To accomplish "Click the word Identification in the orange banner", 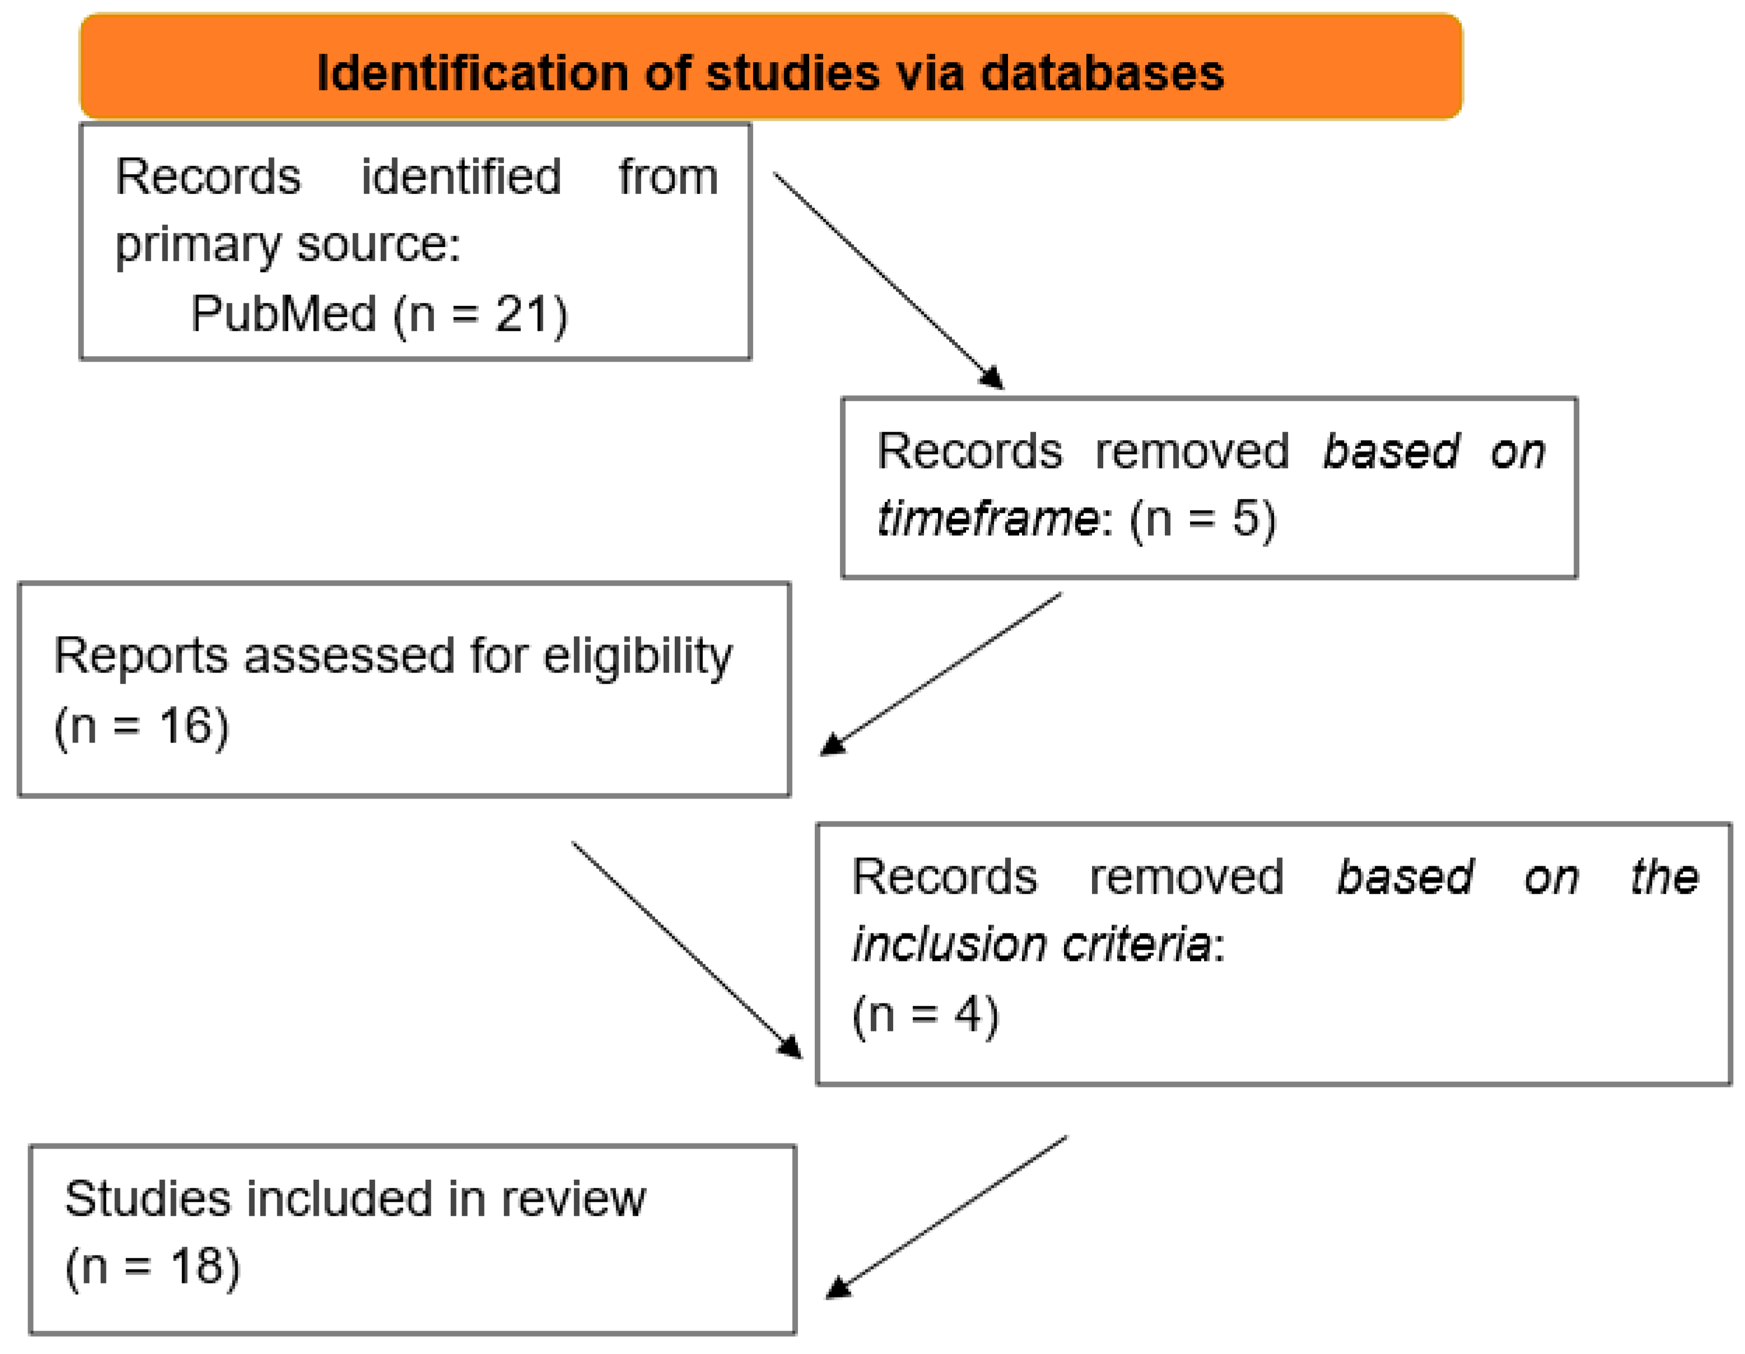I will click(x=472, y=73).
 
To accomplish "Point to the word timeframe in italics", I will click(x=989, y=519).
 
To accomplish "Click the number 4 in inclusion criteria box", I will click(x=968, y=1015).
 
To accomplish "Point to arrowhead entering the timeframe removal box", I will click(x=993, y=378).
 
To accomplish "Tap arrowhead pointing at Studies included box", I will click(x=837, y=1288).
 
